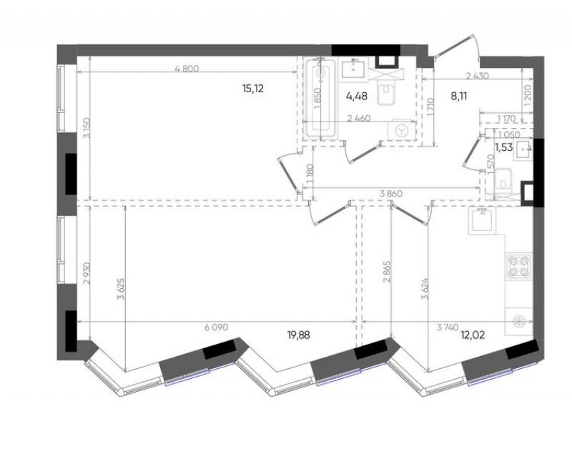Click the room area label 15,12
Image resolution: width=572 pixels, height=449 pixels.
253,89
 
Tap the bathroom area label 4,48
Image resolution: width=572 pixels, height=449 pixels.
356,97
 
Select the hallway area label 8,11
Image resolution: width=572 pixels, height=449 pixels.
459,97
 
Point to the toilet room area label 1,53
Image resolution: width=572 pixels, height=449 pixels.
504,147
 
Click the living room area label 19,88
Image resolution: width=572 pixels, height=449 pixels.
299,335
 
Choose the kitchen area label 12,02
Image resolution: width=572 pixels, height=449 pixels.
473,335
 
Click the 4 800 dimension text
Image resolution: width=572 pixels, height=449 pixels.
187,69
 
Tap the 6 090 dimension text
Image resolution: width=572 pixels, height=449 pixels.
217,327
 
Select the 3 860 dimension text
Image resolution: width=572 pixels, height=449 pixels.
390,194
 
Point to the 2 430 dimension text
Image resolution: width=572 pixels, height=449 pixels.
477,76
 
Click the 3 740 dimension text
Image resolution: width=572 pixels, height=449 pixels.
448,327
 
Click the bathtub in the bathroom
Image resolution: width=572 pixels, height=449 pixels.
320,99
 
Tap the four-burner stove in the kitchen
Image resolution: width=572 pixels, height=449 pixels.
518,267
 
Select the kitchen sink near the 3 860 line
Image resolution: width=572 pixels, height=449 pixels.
482,221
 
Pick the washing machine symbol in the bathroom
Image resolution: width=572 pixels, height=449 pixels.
402,130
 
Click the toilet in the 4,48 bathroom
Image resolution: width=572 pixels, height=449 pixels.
386,94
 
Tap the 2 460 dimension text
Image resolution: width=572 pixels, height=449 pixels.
359,118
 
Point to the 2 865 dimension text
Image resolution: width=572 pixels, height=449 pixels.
387,272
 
